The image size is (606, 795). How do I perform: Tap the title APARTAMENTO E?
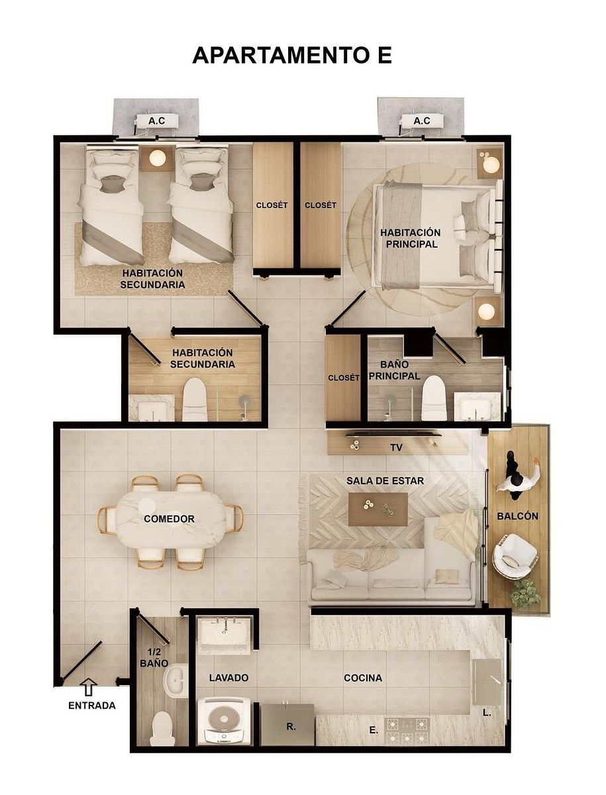(x=292, y=56)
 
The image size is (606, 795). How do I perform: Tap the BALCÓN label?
(x=517, y=516)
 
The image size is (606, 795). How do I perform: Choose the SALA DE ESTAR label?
(x=385, y=481)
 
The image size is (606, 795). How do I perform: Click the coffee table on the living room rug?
(x=378, y=509)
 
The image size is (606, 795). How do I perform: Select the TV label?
(x=397, y=448)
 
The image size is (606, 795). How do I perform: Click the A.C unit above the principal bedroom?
(x=422, y=121)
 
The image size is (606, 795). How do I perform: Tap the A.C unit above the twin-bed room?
(x=156, y=121)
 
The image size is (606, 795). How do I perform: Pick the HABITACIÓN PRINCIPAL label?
(x=411, y=238)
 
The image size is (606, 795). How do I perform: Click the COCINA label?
(x=363, y=678)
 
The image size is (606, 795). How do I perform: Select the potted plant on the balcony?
(x=526, y=592)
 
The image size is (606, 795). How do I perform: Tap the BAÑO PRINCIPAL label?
(x=395, y=370)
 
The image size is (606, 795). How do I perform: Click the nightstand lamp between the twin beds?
(x=158, y=158)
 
